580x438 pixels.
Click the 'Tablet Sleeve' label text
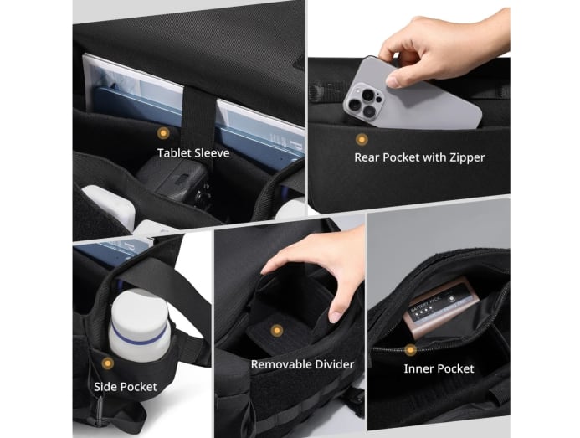point(193,153)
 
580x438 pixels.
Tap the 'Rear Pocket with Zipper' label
point(419,157)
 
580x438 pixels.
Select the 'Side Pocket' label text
point(126,387)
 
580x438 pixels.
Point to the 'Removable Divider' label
point(303,364)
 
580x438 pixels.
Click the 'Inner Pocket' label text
point(439,368)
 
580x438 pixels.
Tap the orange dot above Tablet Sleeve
point(163,133)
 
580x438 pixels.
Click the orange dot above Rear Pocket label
point(362,139)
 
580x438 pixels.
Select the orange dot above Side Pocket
point(108,363)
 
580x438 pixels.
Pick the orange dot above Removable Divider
point(276,330)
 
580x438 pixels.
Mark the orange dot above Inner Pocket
point(410,349)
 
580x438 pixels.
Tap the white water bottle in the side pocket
point(140,326)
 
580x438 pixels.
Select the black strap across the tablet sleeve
point(198,118)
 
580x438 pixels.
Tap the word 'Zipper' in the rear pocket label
point(467,157)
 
